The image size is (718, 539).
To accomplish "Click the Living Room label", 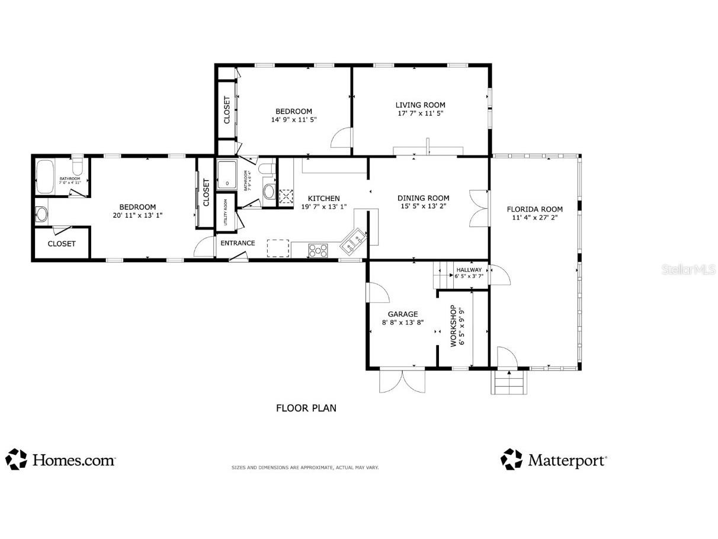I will (x=420, y=105).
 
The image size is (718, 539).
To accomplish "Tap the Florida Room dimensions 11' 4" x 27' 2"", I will (x=534, y=218).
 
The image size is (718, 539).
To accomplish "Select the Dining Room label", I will (x=423, y=198).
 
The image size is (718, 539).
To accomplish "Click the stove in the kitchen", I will (x=318, y=250).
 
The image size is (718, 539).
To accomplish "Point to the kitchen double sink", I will (x=354, y=241).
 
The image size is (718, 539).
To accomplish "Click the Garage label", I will (x=403, y=314).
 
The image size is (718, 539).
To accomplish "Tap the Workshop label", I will (x=453, y=326).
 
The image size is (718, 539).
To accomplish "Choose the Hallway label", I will (x=469, y=270).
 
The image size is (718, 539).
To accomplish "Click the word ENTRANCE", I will (x=238, y=243).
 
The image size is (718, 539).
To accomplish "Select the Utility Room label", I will (x=226, y=212).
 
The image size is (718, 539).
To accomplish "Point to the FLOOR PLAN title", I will (x=306, y=408).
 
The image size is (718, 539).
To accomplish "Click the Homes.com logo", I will (x=60, y=460).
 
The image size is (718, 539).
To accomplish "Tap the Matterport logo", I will (x=554, y=460).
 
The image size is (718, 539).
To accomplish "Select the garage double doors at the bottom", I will (x=402, y=381).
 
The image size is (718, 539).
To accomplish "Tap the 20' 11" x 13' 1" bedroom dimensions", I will (x=137, y=216).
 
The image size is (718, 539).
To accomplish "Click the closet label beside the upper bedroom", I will (x=227, y=110).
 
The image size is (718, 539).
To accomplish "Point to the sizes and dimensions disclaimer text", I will (x=304, y=468).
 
